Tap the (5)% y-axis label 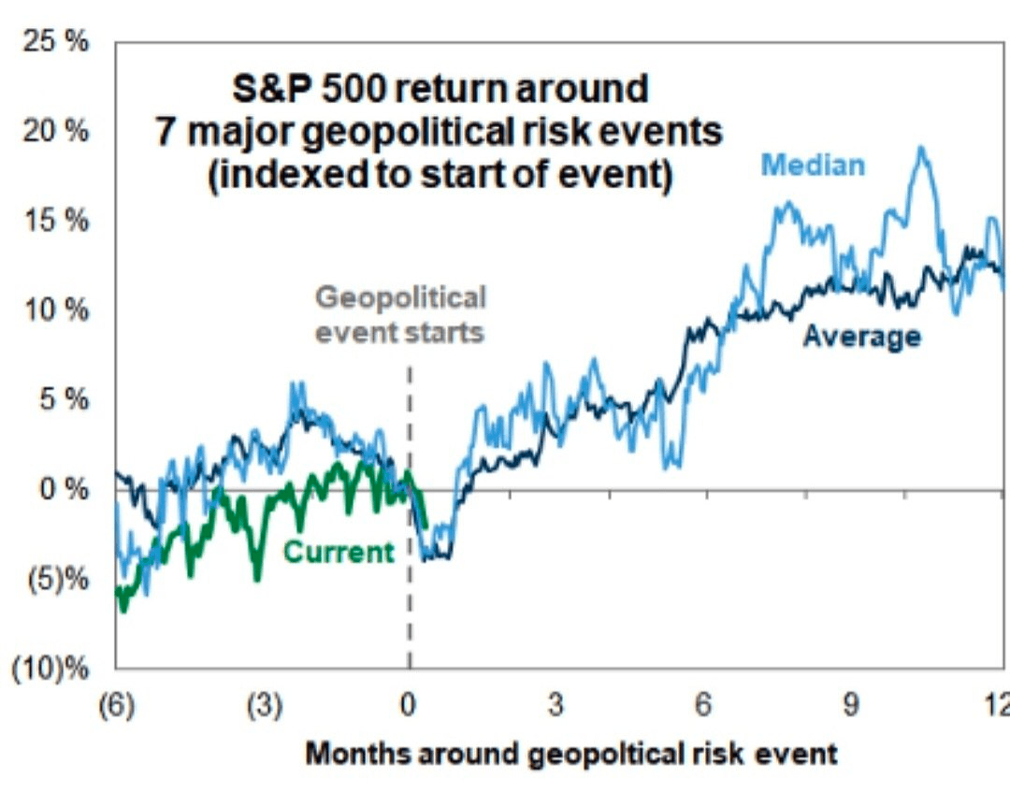pos(62,579)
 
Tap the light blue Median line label pos(813,166)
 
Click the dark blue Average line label pos(860,337)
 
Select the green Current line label pos(339,553)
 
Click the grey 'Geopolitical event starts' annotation pos(400,315)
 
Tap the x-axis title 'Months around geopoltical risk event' pos(571,754)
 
